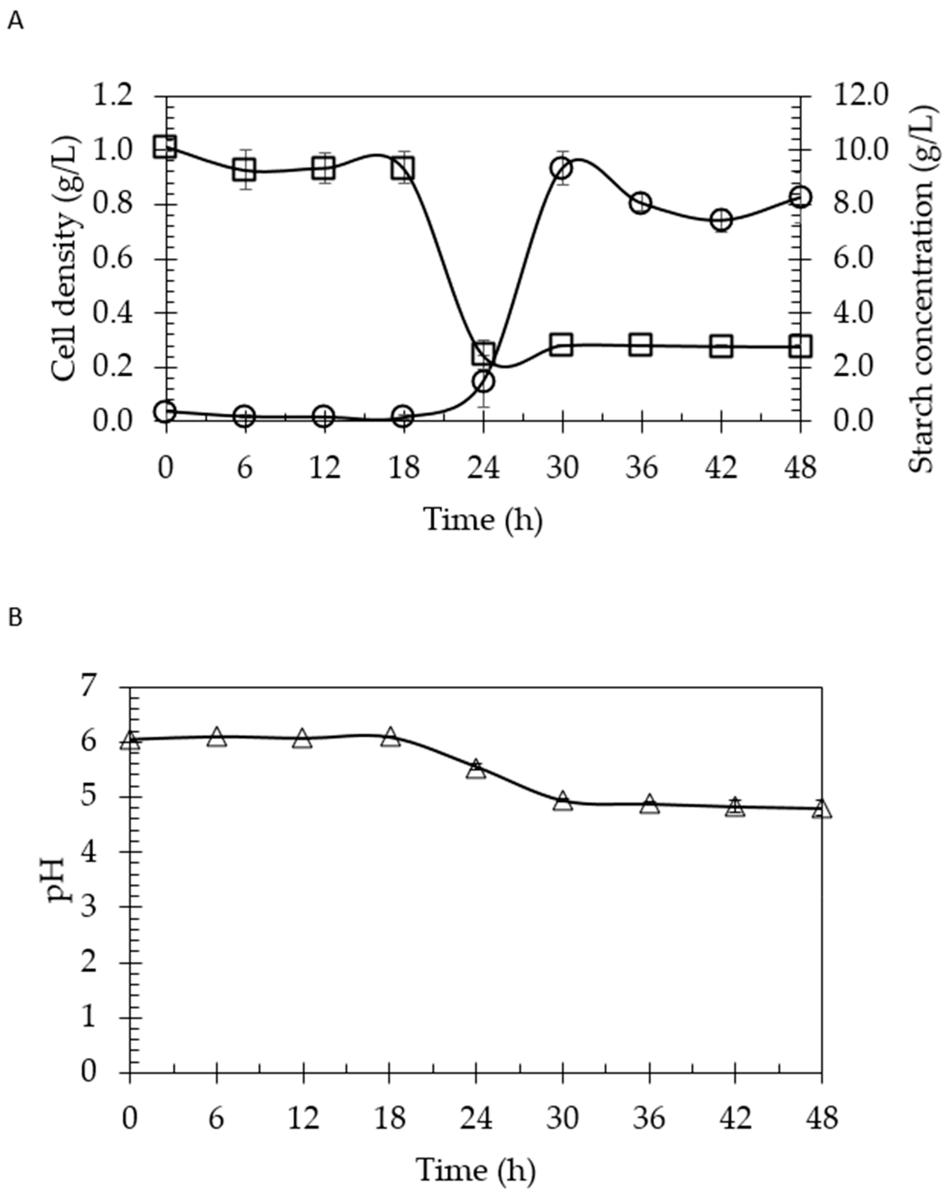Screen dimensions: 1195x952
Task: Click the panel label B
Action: point(16,618)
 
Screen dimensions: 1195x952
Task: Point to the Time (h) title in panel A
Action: point(482,520)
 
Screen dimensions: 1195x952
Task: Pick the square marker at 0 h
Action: point(166,148)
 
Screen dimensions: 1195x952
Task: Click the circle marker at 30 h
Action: point(562,168)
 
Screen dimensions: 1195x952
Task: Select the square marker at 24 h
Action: point(483,353)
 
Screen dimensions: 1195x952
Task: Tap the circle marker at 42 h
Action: point(721,220)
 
